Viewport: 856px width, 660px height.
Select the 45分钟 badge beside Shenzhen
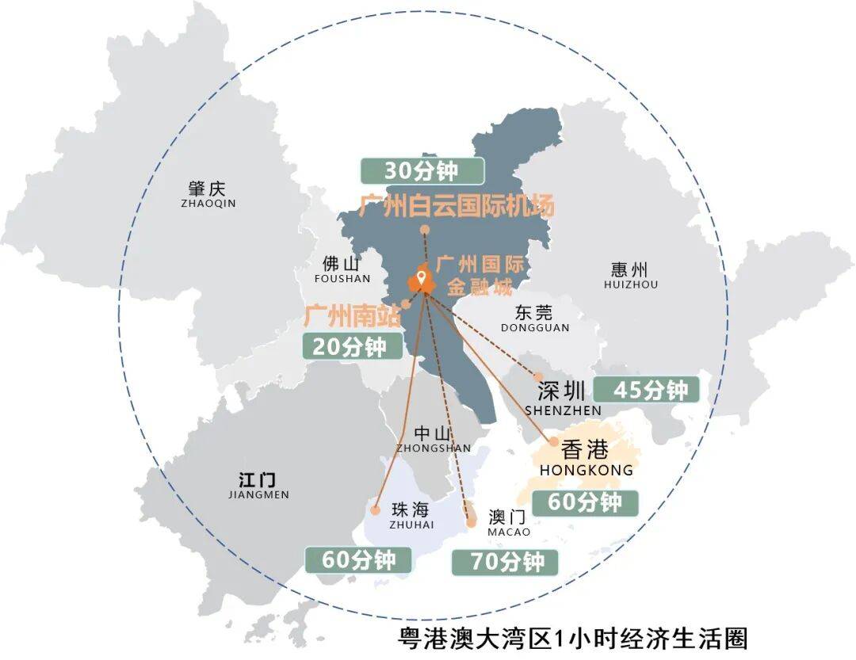pyautogui.click(x=647, y=390)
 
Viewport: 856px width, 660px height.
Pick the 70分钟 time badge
pyautogui.click(x=504, y=562)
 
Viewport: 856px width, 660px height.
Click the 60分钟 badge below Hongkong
pyautogui.click(x=585, y=502)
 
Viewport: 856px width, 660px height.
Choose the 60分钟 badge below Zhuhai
pyautogui.click(x=359, y=559)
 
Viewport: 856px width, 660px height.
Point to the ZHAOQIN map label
pyautogui.click(x=208, y=204)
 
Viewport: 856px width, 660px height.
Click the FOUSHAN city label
pyautogui.click(x=342, y=278)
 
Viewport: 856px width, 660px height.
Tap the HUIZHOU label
pyautogui.click(x=630, y=284)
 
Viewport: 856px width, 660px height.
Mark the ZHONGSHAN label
pyautogui.click(x=433, y=448)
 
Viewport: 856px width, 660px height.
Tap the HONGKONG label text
pyautogui.click(x=587, y=470)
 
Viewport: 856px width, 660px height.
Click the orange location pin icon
pyautogui.click(x=422, y=279)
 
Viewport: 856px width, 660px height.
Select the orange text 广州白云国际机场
pyautogui.click(x=457, y=207)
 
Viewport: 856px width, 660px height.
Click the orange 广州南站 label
pyautogui.click(x=352, y=316)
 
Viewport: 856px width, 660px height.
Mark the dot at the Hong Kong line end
pyautogui.click(x=553, y=441)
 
